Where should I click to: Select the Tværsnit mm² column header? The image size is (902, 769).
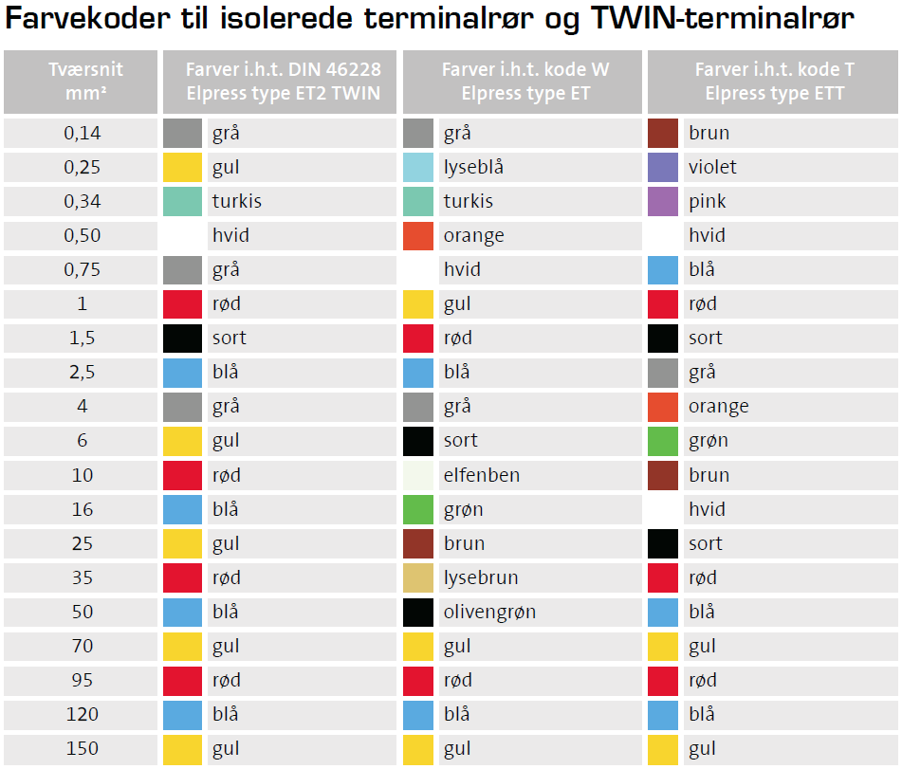click(85, 82)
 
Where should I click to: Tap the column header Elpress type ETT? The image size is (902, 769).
click(774, 82)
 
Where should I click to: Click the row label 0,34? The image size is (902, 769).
click(83, 201)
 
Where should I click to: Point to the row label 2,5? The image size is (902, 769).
click(83, 373)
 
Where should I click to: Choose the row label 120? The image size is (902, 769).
click(83, 714)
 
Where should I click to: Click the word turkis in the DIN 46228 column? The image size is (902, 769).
click(236, 201)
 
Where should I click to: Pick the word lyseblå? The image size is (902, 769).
click(473, 167)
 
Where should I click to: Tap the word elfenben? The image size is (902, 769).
click(481, 475)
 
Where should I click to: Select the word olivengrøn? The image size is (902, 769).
click(489, 612)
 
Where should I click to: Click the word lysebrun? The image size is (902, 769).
click(481, 577)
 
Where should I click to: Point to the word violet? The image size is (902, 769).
click(712, 167)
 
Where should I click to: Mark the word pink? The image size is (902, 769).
click(708, 201)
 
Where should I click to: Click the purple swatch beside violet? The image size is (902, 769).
click(663, 167)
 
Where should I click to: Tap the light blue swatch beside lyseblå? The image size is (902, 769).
click(418, 167)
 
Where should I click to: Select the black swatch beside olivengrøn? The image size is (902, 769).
click(418, 612)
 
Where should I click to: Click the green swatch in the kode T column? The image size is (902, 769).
click(663, 441)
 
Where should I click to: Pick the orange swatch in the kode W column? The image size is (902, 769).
click(418, 235)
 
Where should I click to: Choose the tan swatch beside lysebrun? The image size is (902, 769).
click(418, 577)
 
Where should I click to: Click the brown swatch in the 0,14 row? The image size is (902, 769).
click(663, 133)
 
